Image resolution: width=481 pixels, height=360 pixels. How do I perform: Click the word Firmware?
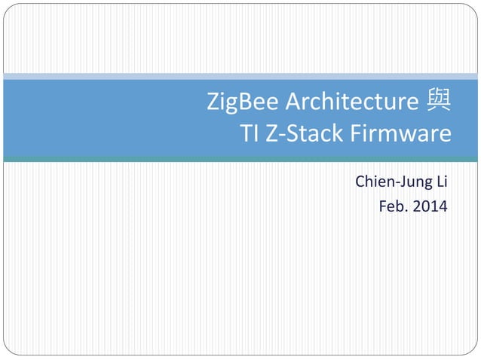point(400,134)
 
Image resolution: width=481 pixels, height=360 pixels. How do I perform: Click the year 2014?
point(430,205)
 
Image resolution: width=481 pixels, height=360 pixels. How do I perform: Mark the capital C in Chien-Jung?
point(360,183)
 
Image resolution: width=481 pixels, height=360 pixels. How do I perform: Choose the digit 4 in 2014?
point(443,205)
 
